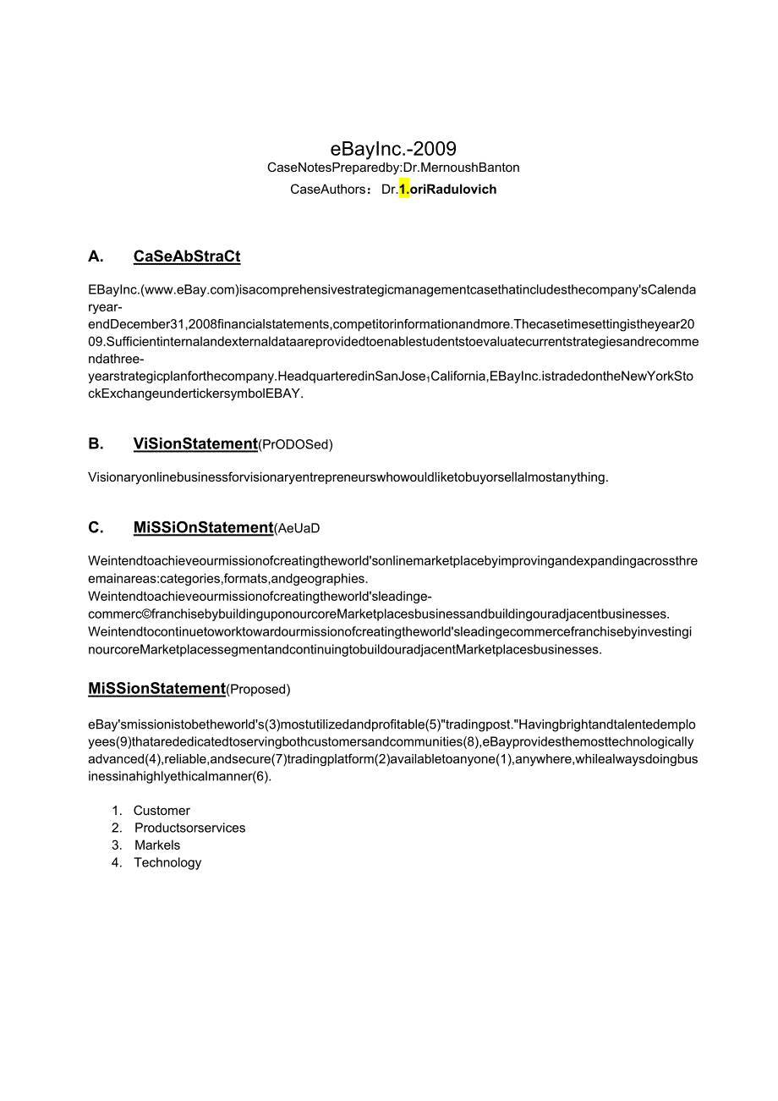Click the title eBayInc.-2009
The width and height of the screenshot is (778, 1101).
(x=393, y=149)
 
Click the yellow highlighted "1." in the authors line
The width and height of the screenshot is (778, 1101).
(x=404, y=190)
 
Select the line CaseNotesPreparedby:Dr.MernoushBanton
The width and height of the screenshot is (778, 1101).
(x=393, y=168)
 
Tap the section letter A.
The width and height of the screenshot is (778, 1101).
(x=96, y=256)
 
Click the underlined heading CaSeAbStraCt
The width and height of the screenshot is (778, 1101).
(x=187, y=256)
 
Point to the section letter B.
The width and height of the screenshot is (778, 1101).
(x=96, y=443)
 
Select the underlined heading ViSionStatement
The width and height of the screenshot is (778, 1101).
(x=195, y=443)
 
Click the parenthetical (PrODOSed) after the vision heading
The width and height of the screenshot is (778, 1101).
(x=296, y=444)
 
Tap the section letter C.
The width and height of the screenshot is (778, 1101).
(x=96, y=527)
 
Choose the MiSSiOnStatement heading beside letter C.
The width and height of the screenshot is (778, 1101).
(x=203, y=527)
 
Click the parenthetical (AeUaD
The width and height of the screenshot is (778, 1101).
(x=297, y=528)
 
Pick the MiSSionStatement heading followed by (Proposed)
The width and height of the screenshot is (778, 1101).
(x=156, y=689)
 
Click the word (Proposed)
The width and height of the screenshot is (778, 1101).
(x=258, y=690)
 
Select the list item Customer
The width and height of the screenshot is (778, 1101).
(x=162, y=811)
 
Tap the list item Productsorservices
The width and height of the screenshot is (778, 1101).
(x=189, y=828)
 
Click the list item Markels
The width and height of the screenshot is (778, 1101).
(x=157, y=845)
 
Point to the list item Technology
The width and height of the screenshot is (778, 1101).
(x=167, y=862)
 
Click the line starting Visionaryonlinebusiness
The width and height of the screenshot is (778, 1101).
(x=348, y=477)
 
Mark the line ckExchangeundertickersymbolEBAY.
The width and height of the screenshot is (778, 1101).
(x=195, y=394)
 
